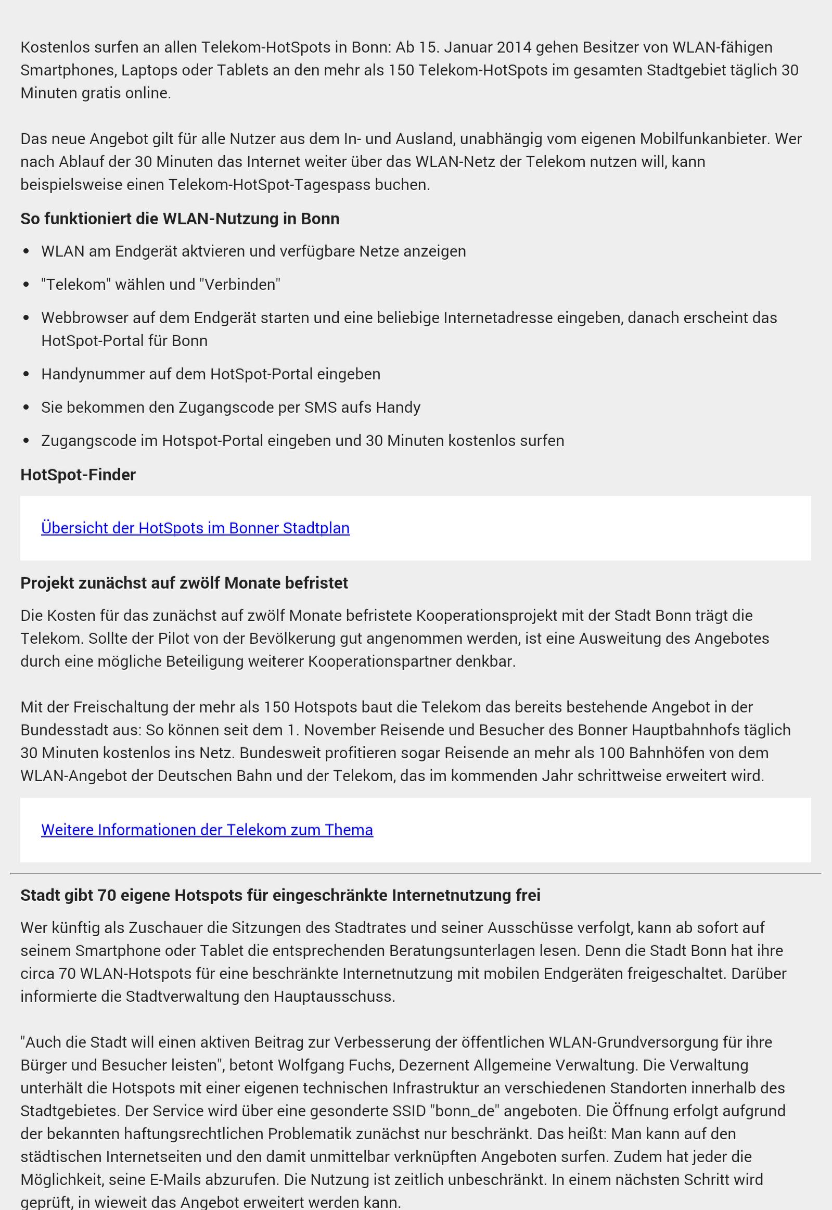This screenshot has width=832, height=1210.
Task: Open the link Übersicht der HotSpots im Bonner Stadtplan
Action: pyautogui.click(x=195, y=528)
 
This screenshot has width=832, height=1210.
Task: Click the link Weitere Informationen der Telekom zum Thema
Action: pyautogui.click(x=207, y=830)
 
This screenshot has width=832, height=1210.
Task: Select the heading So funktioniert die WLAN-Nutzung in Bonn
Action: pyautogui.click(x=180, y=219)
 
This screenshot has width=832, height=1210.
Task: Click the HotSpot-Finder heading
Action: pyautogui.click(x=78, y=475)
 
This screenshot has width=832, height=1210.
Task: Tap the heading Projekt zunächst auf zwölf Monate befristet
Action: pyautogui.click(x=184, y=583)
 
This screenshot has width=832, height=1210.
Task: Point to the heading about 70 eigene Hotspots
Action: pyautogui.click(x=280, y=895)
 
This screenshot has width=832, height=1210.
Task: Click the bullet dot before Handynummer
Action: pyautogui.click(x=27, y=374)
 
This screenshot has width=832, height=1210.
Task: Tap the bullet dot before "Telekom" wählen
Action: pyautogui.click(x=27, y=285)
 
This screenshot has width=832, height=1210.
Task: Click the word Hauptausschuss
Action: pyautogui.click(x=334, y=996)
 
